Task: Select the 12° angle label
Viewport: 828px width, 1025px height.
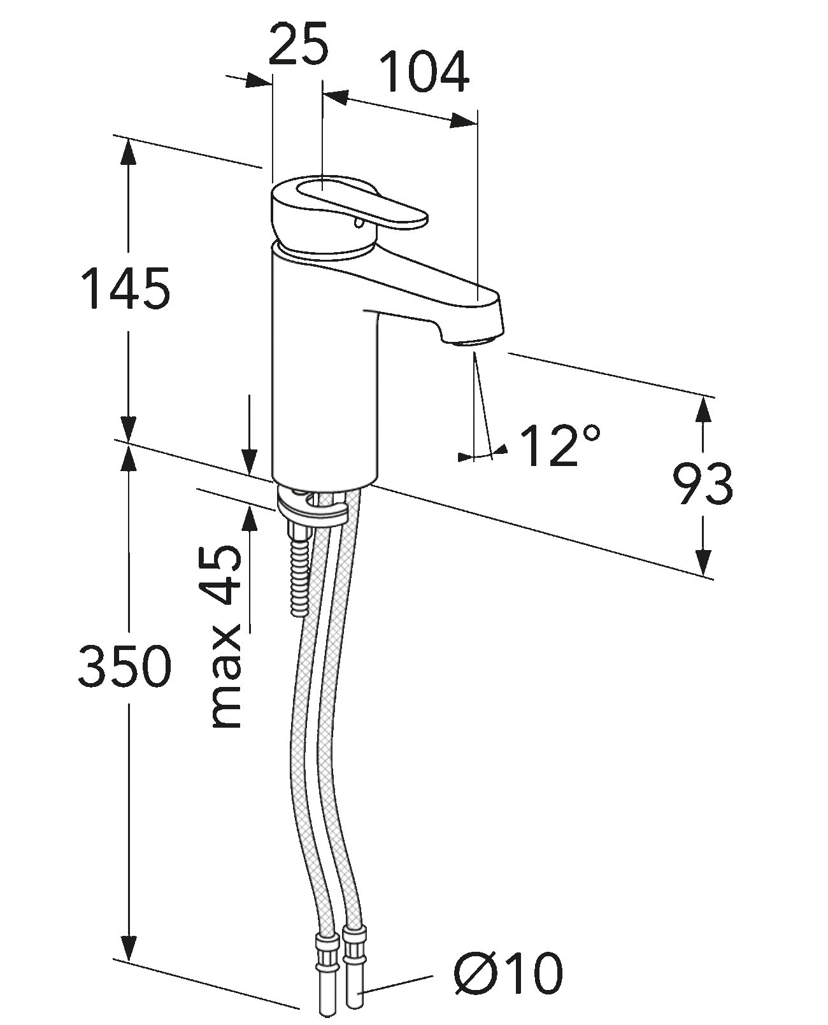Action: (x=560, y=445)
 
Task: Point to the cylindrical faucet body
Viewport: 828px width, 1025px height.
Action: (x=325, y=382)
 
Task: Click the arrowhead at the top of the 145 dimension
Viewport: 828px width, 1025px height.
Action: (x=128, y=150)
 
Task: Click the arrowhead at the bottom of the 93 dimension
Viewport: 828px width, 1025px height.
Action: (x=703, y=563)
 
